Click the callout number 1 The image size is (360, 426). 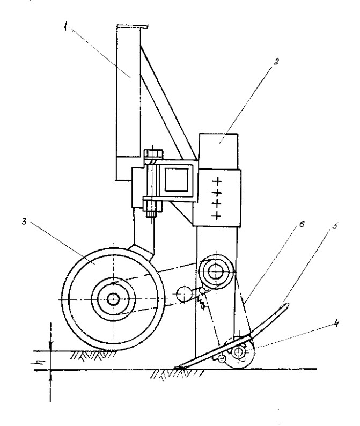pyautogui.click(x=65, y=27)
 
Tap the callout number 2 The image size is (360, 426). pyautogui.click(x=276, y=62)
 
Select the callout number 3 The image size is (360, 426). pyautogui.click(x=25, y=221)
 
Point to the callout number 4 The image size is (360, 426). pyautogui.click(x=336, y=324)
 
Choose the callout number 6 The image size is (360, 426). pyautogui.click(x=302, y=224)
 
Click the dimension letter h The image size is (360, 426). pyautogui.click(x=40, y=361)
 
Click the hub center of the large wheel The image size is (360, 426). pyautogui.click(x=113, y=299)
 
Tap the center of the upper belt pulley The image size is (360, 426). pyautogui.click(x=216, y=271)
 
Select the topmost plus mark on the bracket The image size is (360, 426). pyautogui.click(x=217, y=181)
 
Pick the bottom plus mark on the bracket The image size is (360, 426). pyautogui.click(x=217, y=216)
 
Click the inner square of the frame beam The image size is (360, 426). pyautogui.click(x=177, y=179)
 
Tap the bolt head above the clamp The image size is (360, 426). pyautogui.click(x=152, y=155)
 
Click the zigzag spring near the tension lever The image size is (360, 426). pyautogui.click(x=201, y=300)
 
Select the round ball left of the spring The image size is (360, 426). pyautogui.click(x=184, y=294)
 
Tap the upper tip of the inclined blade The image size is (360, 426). pyautogui.click(x=288, y=304)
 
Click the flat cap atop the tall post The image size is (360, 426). pyautogui.click(x=133, y=26)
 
